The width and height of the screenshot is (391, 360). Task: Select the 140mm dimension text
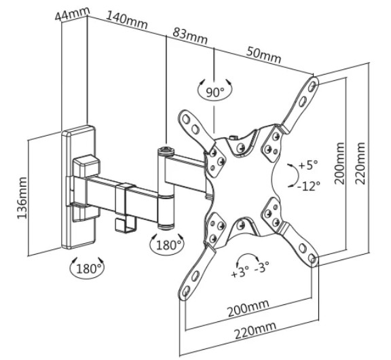(127, 20)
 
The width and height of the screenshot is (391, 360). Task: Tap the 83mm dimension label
(190, 36)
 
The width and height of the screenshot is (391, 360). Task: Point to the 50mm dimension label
(264, 55)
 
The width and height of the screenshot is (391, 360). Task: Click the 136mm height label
(22, 198)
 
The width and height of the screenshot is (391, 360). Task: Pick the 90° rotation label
(215, 92)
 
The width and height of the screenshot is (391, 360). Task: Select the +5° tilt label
(308, 165)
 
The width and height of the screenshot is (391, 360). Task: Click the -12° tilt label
(309, 185)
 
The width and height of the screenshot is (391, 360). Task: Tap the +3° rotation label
(240, 272)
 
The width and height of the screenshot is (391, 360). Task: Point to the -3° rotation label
(261, 266)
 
